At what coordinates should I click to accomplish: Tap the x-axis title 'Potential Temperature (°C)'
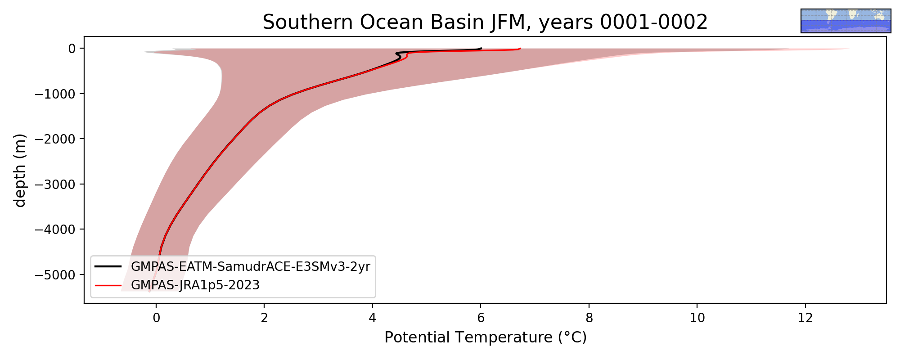click(486, 337)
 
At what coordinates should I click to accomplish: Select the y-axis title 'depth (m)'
click(20, 170)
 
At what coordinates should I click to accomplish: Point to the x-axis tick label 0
click(156, 318)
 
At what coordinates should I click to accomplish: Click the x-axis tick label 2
click(264, 318)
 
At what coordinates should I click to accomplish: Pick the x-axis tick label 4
click(373, 318)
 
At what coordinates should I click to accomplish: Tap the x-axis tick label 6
click(481, 318)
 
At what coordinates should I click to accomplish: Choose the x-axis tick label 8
click(589, 318)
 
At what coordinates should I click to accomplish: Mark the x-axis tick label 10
click(697, 318)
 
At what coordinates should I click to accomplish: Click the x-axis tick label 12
click(805, 318)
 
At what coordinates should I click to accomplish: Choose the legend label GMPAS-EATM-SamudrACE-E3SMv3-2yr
click(251, 267)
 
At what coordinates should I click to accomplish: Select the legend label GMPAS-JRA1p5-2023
click(195, 285)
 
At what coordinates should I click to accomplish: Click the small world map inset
click(846, 21)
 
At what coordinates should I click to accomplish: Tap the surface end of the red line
click(520, 48)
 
